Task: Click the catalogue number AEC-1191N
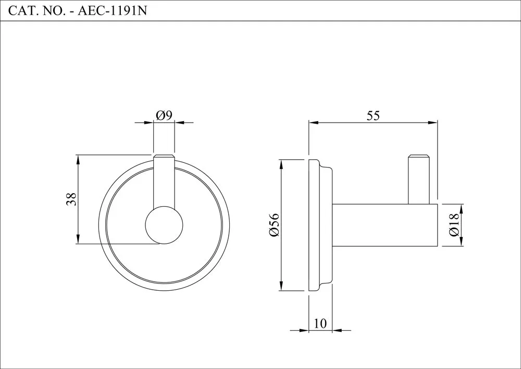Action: point(112,10)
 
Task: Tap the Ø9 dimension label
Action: point(164,115)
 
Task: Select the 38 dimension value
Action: point(71,199)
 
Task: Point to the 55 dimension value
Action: point(373,115)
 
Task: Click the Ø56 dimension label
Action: point(275,225)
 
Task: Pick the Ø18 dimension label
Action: point(454,225)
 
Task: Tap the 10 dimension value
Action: point(320,323)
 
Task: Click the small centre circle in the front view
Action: point(164,225)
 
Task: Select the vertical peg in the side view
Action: point(419,180)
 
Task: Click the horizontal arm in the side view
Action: point(385,225)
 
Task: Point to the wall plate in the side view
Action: point(320,225)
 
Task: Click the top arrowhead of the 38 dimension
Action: point(78,160)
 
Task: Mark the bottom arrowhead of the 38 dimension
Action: point(78,239)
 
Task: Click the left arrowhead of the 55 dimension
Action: point(314,123)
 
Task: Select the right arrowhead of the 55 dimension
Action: point(432,123)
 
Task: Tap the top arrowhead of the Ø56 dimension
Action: point(281,165)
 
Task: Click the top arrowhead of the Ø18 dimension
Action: point(461,209)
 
